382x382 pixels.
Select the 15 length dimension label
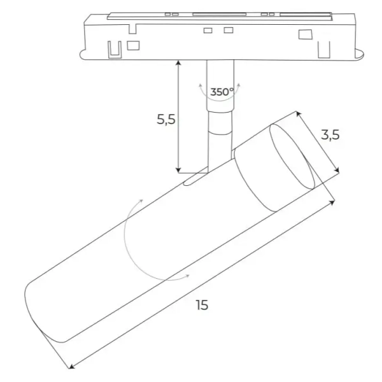(x=202, y=305)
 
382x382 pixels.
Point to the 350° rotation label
(x=222, y=92)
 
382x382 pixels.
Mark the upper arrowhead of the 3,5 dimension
(x=298, y=114)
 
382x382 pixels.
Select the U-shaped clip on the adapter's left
(x=115, y=48)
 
